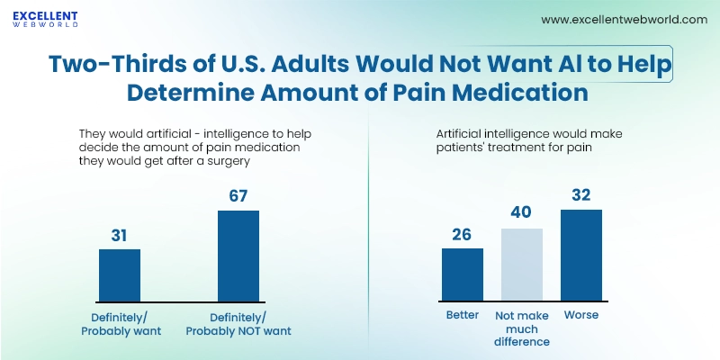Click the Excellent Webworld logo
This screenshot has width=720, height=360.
(45, 20)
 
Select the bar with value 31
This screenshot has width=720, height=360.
(120, 275)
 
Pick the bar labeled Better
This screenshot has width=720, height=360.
(462, 274)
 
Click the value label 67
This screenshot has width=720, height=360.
(238, 194)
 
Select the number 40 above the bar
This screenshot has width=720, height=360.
(521, 213)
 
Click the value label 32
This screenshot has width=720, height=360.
(580, 193)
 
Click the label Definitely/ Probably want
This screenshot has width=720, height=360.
(121, 323)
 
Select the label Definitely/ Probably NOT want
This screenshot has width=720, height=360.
(238, 323)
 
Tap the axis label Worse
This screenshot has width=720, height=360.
(580, 316)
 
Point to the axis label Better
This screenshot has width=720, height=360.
(462, 316)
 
